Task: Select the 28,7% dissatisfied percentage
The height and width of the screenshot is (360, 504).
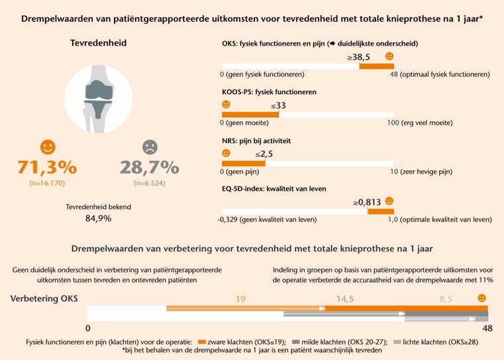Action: pos(150,166)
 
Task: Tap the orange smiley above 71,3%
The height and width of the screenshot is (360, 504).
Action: pos(47,146)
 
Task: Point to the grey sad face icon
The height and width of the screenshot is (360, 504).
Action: pos(150,146)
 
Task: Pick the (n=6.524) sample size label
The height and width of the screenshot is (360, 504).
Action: pos(150,183)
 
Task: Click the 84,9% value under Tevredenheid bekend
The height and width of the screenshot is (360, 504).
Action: pos(99,218)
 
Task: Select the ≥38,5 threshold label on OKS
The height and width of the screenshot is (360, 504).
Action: pos(358,58)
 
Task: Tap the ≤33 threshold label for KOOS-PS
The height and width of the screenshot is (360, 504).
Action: pos(278,105)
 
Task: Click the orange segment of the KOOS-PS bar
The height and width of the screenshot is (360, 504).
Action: pos(250,114)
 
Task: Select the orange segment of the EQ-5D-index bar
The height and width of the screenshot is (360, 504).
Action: pos(380,211)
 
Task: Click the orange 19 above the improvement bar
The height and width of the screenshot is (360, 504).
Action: pos(242,298)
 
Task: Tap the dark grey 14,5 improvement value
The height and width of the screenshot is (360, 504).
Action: pos(345,298)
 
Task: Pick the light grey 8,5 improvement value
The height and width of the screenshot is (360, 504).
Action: pos(445,298)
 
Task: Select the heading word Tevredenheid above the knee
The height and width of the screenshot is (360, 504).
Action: pos(99,44)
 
